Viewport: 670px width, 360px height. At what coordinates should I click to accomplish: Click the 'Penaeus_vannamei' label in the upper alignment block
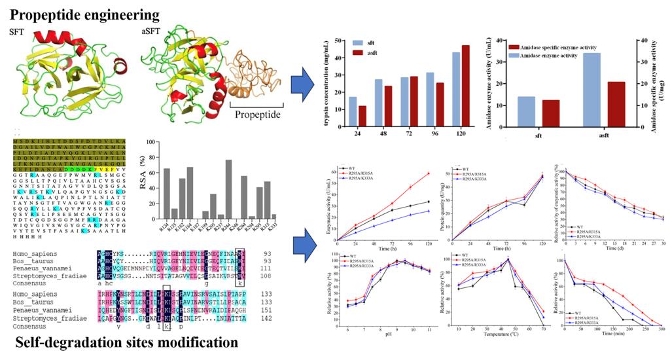41,269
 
